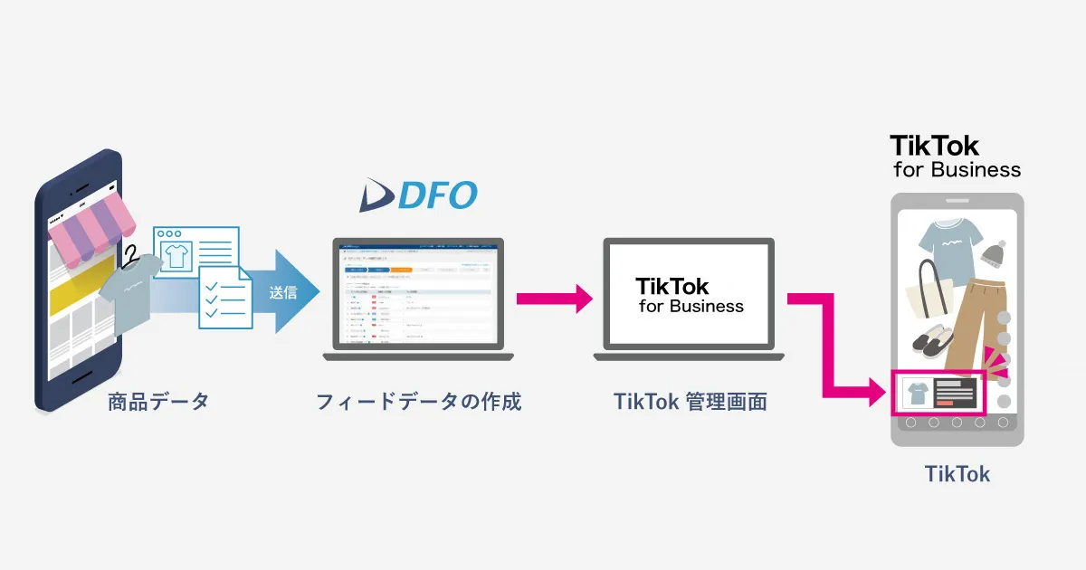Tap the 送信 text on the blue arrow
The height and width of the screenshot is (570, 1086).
tap(282, 292)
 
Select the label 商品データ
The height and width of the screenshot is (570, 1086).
tap(158, 401)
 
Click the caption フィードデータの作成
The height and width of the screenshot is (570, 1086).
tap(419, 401)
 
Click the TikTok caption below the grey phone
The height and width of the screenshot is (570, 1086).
tap(957, 473)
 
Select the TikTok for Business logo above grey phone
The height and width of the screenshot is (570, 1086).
tap(955, 157)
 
